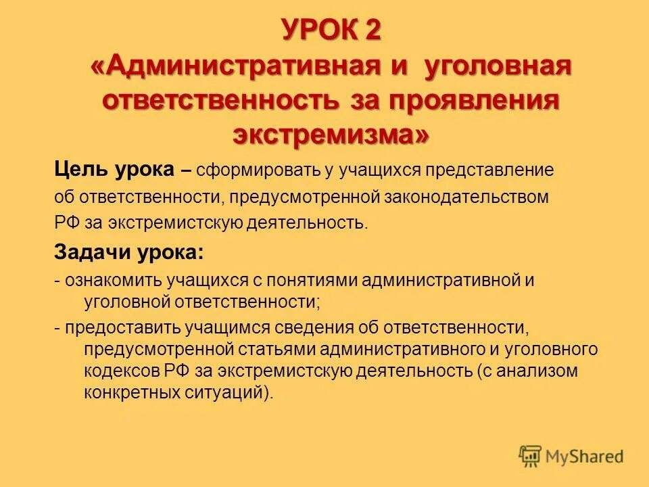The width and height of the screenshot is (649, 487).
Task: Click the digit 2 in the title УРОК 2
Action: coord(371,30)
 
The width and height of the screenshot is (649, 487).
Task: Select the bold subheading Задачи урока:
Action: coord(128,252)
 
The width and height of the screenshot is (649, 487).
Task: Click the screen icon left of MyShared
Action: coord(531,456)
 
